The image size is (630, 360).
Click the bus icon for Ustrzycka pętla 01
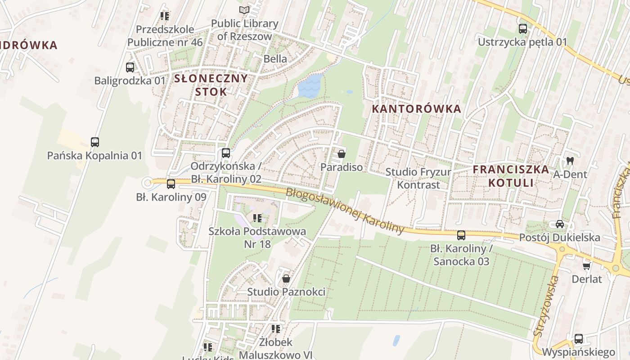click(522, 29)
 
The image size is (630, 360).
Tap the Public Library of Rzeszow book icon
click(244, 10)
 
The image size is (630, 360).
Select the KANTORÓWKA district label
click(417, 108)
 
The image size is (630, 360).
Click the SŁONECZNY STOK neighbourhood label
click(211, 85)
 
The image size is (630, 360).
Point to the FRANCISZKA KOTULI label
click(511, 176)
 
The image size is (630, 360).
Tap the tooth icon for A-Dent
click(570, 161)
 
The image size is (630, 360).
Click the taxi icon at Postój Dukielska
click(559, 224)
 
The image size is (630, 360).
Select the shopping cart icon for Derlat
click(586, 266)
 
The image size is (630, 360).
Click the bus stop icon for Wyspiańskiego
click(579, 338)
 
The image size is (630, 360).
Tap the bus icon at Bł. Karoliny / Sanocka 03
click(461, 235)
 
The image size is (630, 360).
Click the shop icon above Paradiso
click(341, 154)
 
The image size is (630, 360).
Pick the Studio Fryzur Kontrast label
click(418, 178)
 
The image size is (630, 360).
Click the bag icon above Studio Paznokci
click(286, 279)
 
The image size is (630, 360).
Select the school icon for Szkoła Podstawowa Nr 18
click(257, 218)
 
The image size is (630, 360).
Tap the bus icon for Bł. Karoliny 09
click(171, 184)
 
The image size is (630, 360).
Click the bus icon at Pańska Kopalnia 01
click(94, 142)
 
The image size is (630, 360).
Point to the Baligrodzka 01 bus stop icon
click(130, 67)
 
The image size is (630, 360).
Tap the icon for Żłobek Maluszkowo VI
click(275, 329)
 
